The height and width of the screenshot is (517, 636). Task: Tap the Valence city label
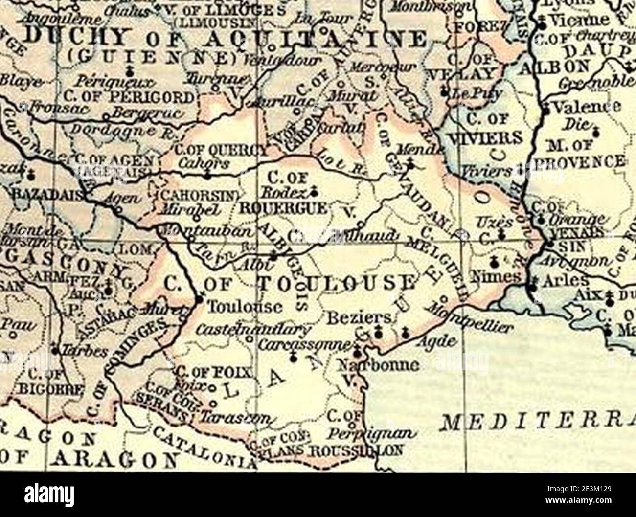585,107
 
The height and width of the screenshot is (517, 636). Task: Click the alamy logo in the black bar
47,495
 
